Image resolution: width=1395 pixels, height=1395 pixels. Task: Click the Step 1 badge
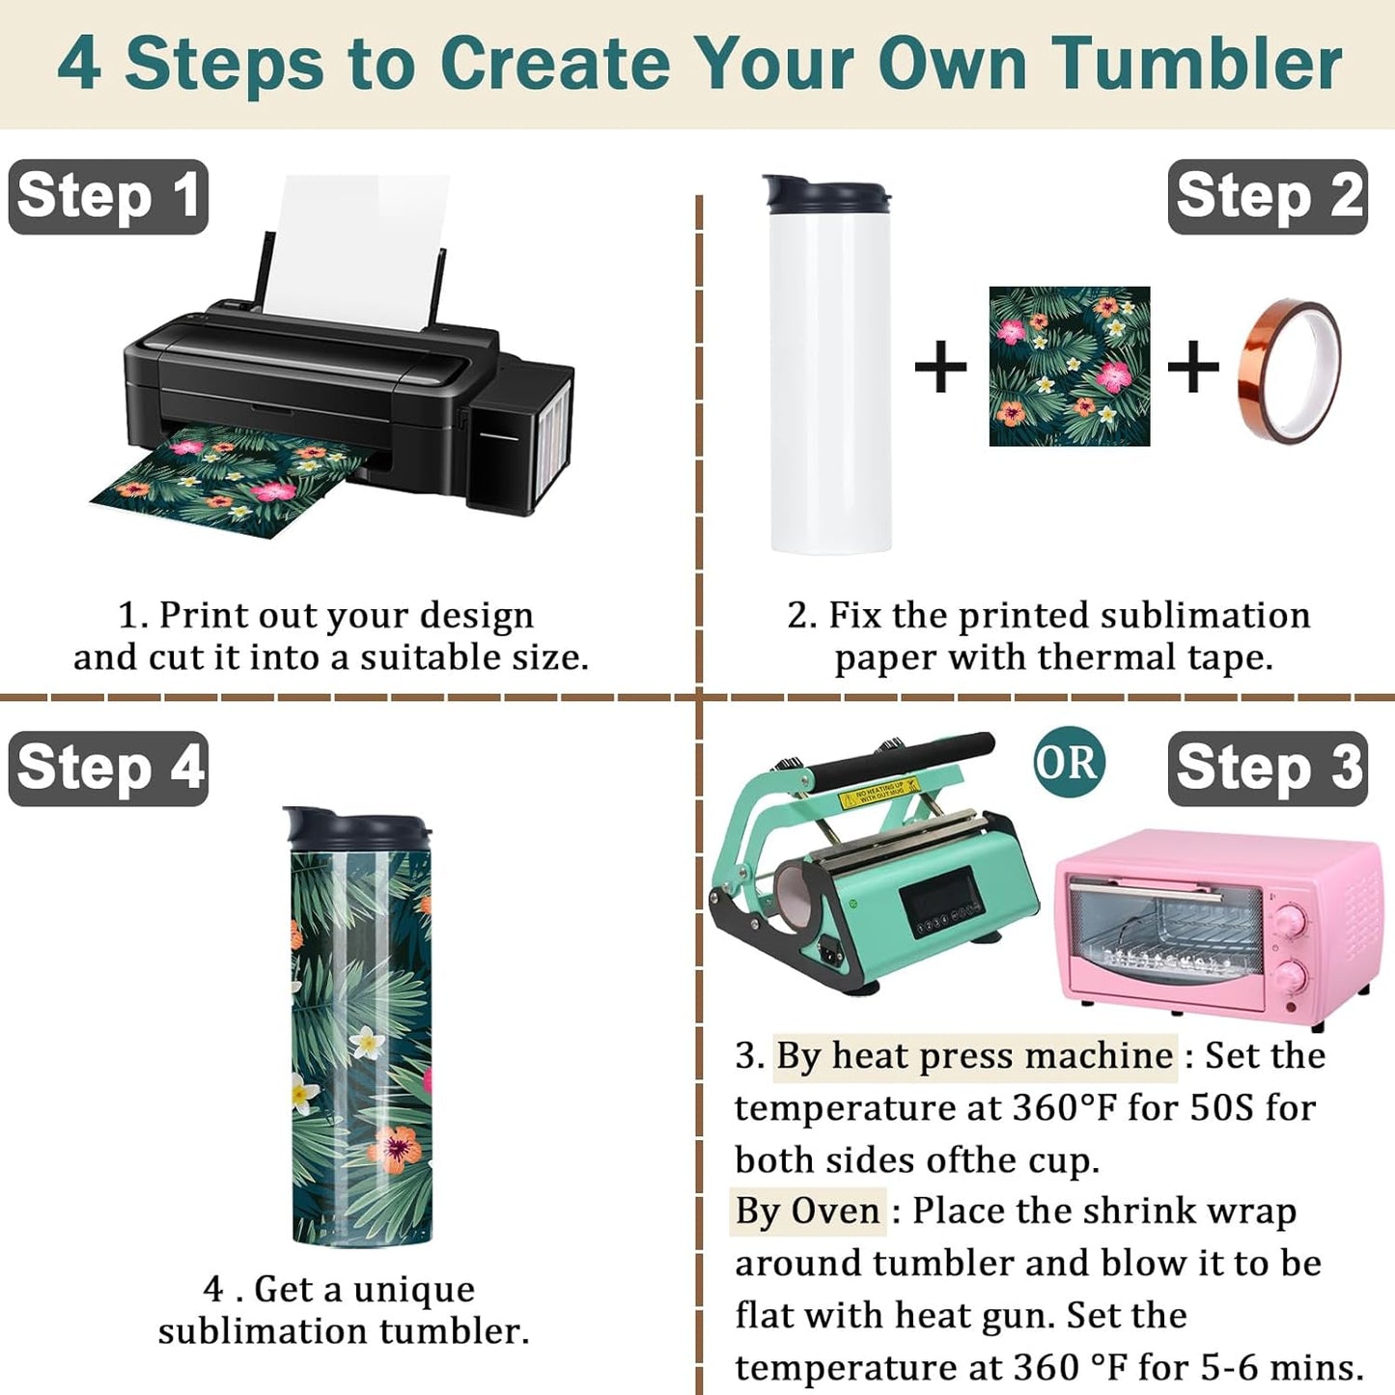click(x=108, y=197)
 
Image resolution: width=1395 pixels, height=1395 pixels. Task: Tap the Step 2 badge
click(x=1268, y=197)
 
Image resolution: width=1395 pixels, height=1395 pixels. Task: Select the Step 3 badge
click(x=1268, y=768)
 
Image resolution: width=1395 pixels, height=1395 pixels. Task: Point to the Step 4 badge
click(x=108, y=768)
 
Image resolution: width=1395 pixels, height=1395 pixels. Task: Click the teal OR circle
click(x=1070, y=763)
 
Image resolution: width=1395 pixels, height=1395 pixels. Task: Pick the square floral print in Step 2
click(x=1070, y=366)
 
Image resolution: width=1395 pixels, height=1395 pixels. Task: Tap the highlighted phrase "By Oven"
click(x=807, y=1211)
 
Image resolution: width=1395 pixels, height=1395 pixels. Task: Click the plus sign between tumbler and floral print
click(x=940, y=367)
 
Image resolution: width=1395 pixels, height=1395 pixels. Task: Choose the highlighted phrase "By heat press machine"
click(x=974, y=1055)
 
